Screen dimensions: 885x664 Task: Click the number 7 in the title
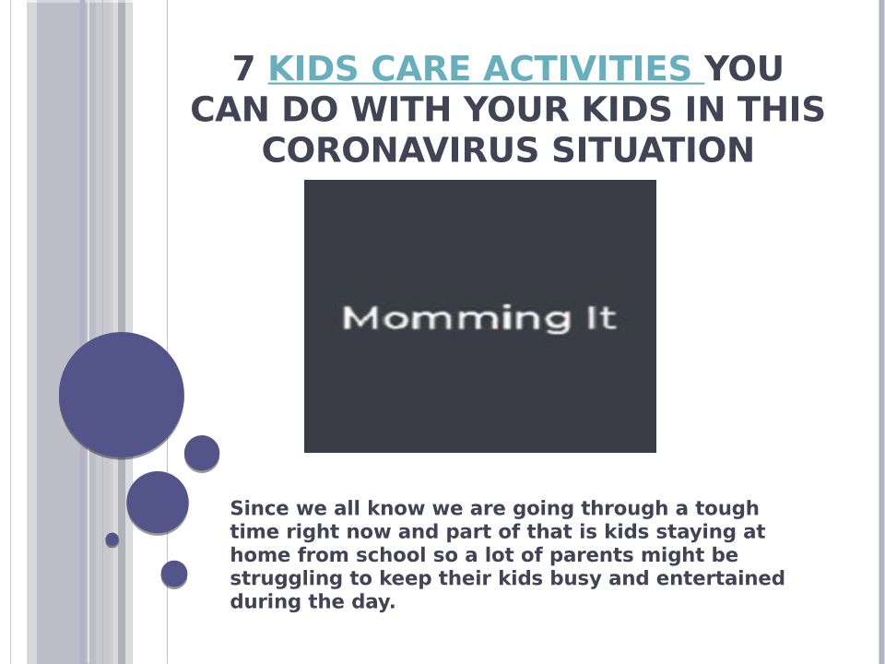point(243,68)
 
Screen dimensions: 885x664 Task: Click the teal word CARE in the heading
point(419,68)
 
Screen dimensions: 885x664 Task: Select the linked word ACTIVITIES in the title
point(587,68)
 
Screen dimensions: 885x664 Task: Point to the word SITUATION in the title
point(653,149)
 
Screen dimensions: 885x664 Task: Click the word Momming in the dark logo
point(456,318)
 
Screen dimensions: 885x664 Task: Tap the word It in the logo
point(601,318)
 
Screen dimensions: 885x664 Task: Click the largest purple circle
point(122,395)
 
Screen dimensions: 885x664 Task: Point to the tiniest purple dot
point(112,539)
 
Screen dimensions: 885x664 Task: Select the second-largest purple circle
point(158,503)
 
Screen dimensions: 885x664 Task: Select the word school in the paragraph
point(391,555)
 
